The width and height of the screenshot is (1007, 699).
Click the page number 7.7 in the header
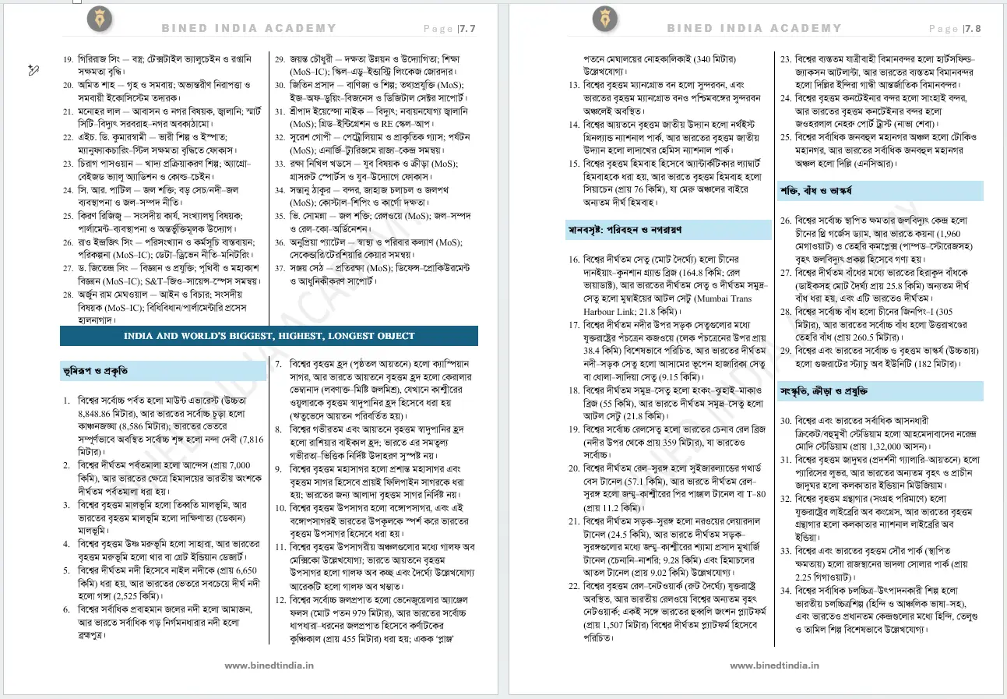(468, 29)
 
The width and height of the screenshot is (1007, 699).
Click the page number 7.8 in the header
(973, 29)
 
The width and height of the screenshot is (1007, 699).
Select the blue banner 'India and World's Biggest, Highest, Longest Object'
(269, 336)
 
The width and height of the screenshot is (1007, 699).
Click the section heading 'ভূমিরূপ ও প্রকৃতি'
(97, 371)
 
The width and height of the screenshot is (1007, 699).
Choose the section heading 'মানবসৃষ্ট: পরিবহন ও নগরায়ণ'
(625, 230)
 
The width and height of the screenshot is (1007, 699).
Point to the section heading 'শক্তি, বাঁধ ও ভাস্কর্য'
(818, 190)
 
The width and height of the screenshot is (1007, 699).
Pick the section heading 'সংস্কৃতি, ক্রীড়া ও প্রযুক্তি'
(824, 391)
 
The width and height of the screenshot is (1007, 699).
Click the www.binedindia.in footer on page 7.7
(269, 665)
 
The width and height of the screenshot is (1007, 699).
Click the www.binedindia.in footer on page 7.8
(774, 665)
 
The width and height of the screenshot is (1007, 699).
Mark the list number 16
(574, 259)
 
